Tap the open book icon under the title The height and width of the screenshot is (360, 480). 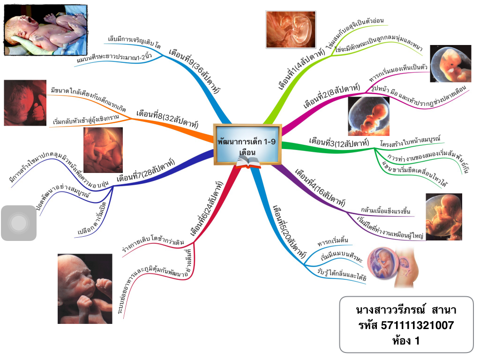click(247, 163)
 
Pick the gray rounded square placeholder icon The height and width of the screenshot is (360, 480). click(19, 223)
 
